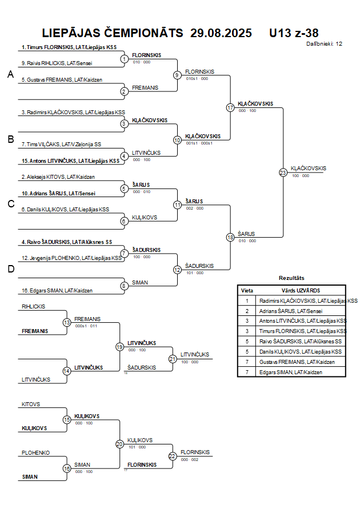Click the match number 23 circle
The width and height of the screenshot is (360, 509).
[x=283, y=173]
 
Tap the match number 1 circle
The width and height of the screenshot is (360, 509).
[x=124, y=59]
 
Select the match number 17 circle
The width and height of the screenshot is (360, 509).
[x=230, y=107]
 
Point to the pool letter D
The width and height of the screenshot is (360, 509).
[x=10, y=270]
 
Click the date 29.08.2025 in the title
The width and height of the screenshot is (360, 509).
[x=221, y=33]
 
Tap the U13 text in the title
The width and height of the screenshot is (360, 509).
[x=280, y=33]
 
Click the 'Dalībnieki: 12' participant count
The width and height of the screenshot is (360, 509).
[x=325, y=43]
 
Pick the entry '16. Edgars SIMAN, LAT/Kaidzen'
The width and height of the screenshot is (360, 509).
[x=57, y=291]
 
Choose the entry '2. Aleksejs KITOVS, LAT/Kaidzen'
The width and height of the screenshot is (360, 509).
[x=58, y=177]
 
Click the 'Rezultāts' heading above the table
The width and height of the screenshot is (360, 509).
[x=291, y=278]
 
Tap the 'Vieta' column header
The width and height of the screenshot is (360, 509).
[x=247, y=290]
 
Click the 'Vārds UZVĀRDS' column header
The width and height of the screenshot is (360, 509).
[x=301, y=290]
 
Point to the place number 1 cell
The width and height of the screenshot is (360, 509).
[x=247, y=300]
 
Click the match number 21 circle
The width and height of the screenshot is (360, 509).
[x=173, y=359]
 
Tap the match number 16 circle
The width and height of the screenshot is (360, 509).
[x=67, y=468]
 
